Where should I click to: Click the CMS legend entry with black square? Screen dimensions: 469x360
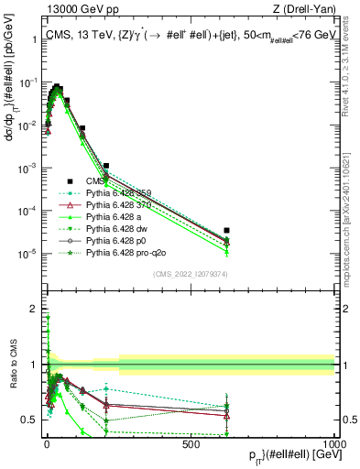tap(97, 181)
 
